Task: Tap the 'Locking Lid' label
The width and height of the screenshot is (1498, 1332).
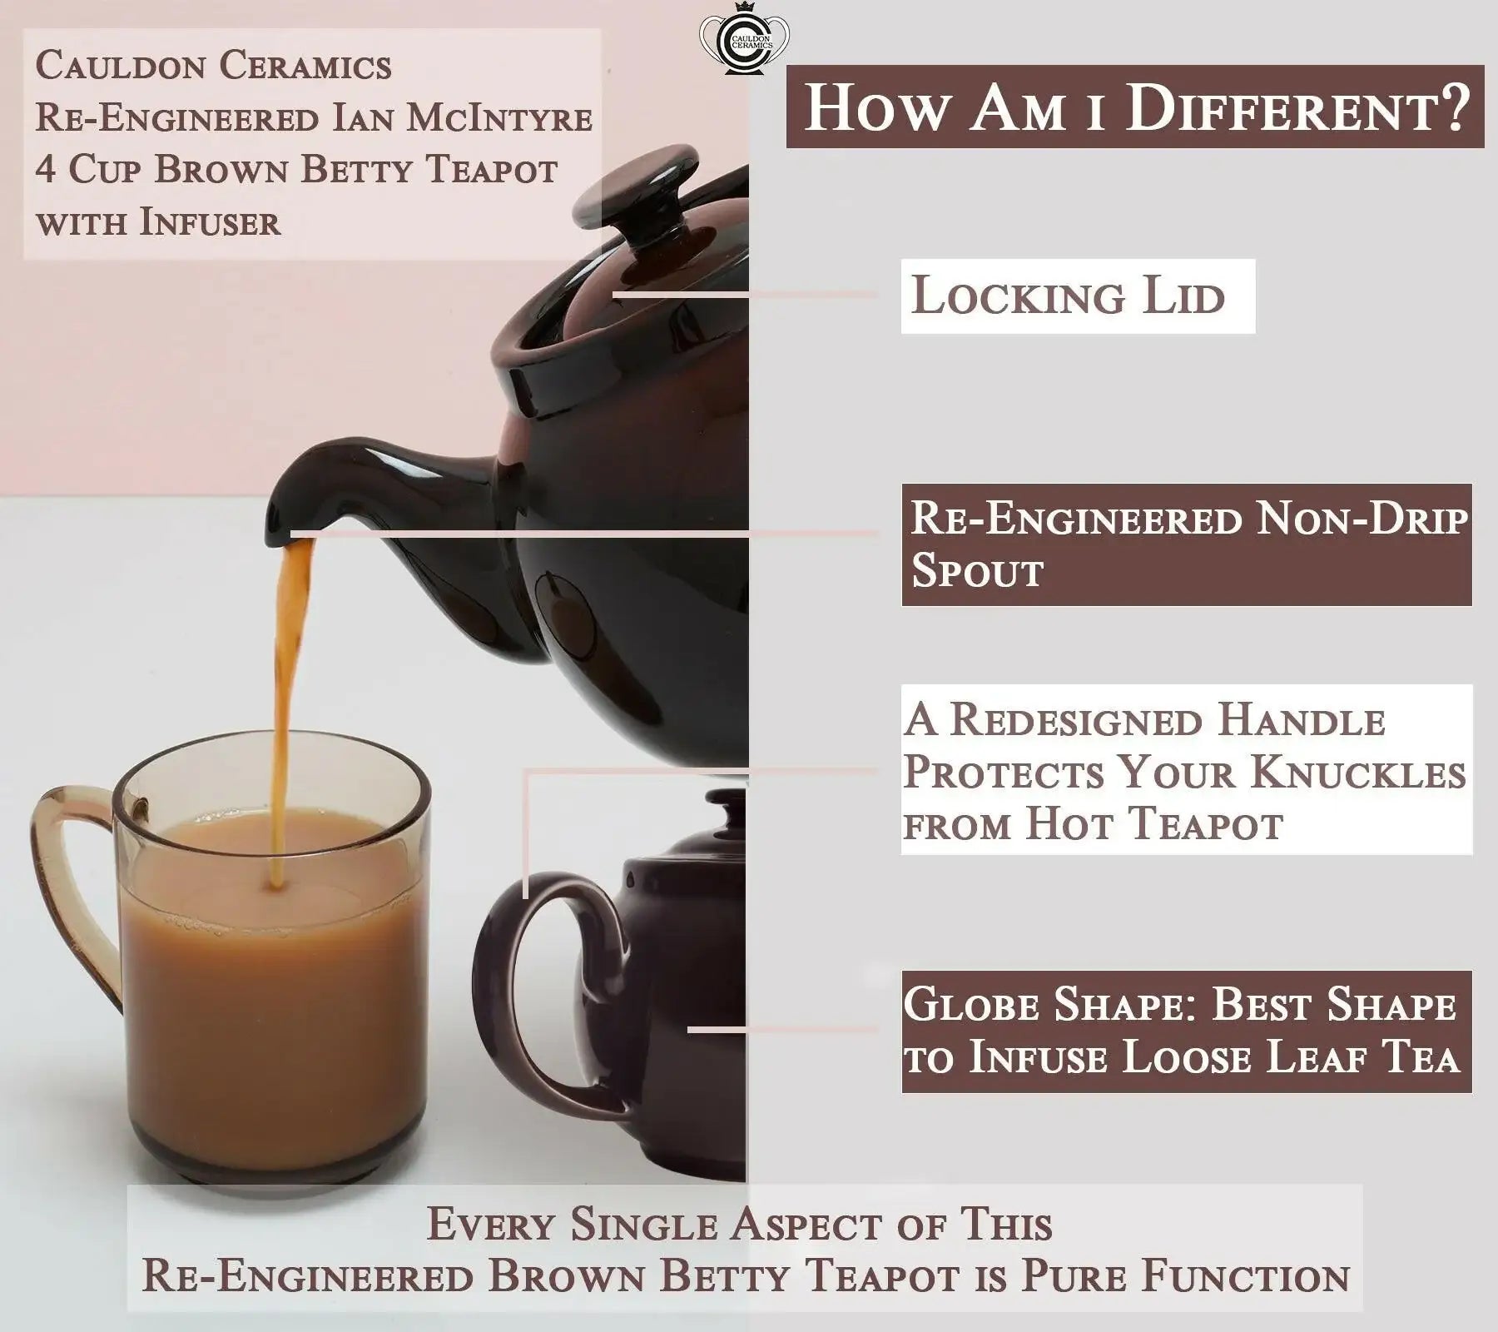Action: tap(1078, 296)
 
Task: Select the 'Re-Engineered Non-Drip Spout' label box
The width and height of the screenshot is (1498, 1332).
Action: tap(1187, 544)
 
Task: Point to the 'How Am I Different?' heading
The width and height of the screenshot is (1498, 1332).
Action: tap(1135, 107)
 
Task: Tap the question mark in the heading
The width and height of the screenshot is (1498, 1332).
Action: tap(1451, 107)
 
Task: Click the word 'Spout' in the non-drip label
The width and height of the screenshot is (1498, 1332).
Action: tap(977, 571)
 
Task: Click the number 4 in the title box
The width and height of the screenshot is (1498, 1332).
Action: tap(45, 170)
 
